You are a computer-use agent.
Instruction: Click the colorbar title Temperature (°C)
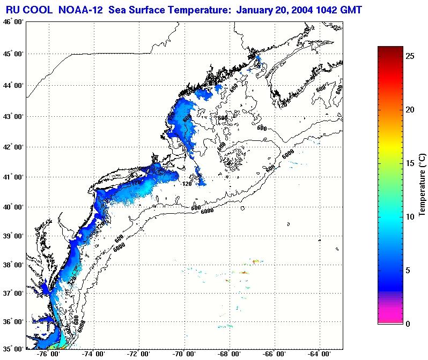tap(422, 185)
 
